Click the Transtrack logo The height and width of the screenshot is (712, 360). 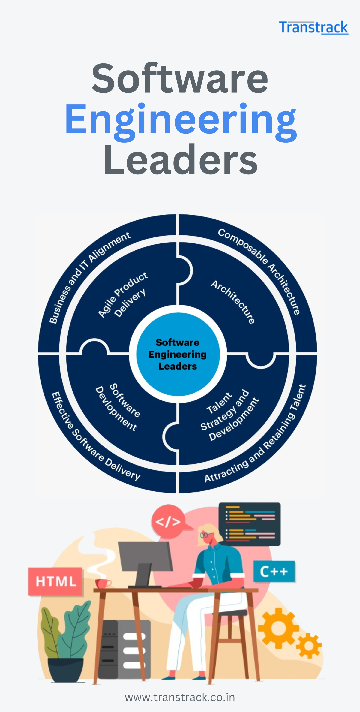313,27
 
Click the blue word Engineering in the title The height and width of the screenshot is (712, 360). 181,120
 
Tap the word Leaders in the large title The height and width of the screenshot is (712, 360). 181,160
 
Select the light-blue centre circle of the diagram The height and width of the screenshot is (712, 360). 178,354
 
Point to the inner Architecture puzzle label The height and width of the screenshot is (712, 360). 233,302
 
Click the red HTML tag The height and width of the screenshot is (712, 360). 55,581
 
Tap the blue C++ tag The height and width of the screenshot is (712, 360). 274,571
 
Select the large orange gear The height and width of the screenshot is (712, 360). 278,628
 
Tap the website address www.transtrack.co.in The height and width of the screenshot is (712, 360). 180,697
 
